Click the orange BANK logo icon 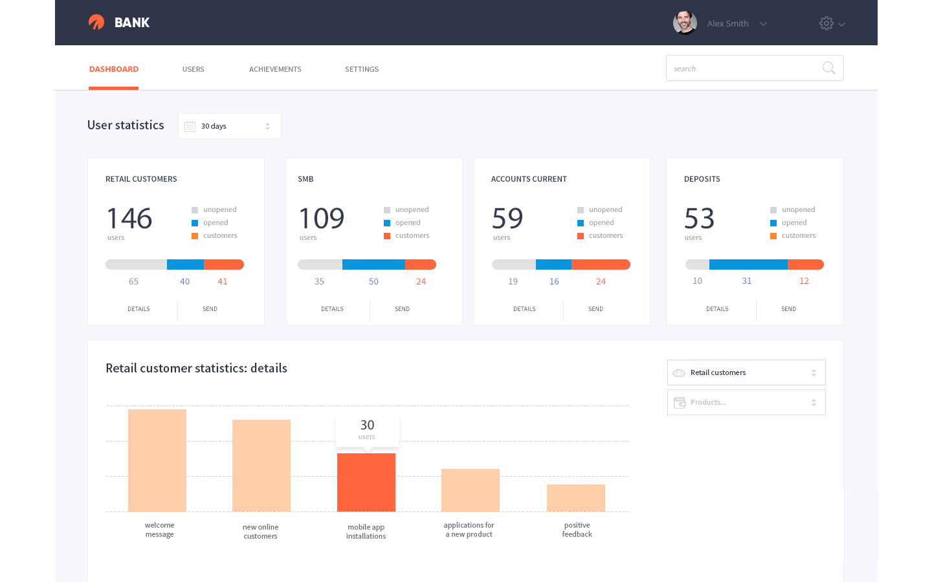(96, 23)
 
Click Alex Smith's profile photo (685, 23)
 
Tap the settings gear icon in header (827, 23)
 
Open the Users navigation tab (193, 69)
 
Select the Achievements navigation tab (275, 69)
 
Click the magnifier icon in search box (828, 68)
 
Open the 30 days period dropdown (230, 126)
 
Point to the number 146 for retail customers (129, 219)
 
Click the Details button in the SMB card (332, 309)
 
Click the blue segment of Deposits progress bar (748, 264)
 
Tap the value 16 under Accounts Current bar (554, 281)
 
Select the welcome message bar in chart (157, 460)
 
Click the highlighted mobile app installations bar (366, 482)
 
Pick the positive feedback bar (576, 498)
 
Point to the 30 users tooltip (367, 429)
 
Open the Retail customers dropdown (746, 372)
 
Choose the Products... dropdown (746, 402)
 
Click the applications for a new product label (469, 530)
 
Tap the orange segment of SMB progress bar (421, 264)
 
